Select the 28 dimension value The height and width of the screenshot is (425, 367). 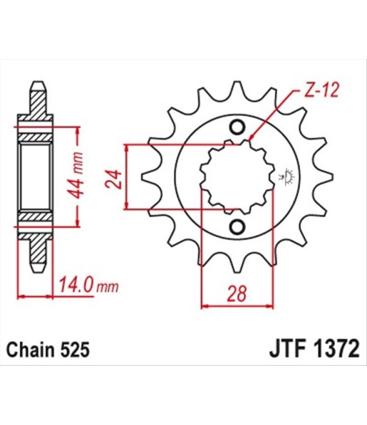(237, 294)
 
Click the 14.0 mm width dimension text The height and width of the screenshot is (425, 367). (89, 285)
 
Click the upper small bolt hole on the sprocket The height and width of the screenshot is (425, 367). (237, 127)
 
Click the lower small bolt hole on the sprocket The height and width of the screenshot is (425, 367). (237, 226)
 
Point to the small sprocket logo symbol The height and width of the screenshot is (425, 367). (286, 176)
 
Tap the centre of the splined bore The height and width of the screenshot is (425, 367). (237, 176)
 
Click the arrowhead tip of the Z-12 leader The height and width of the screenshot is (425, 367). (250, 140)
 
